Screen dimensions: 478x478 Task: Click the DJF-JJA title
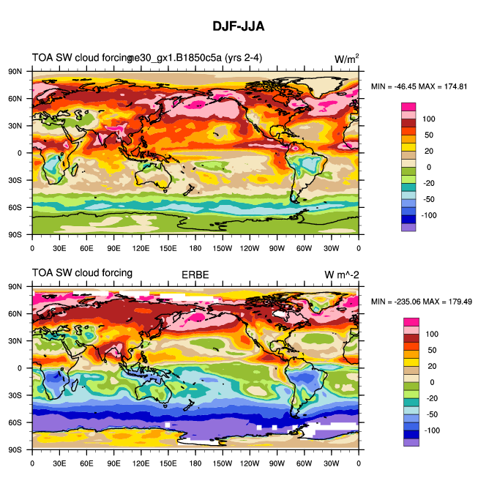pos(238,26)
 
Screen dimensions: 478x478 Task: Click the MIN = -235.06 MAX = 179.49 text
pos(421,302)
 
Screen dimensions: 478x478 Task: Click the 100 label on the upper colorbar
pos(429,119)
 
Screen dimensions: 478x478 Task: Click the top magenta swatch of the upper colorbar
pos(408,106)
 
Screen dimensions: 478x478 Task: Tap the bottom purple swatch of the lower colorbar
pos(408,442)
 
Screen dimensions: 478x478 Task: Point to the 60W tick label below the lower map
pos(305,463)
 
